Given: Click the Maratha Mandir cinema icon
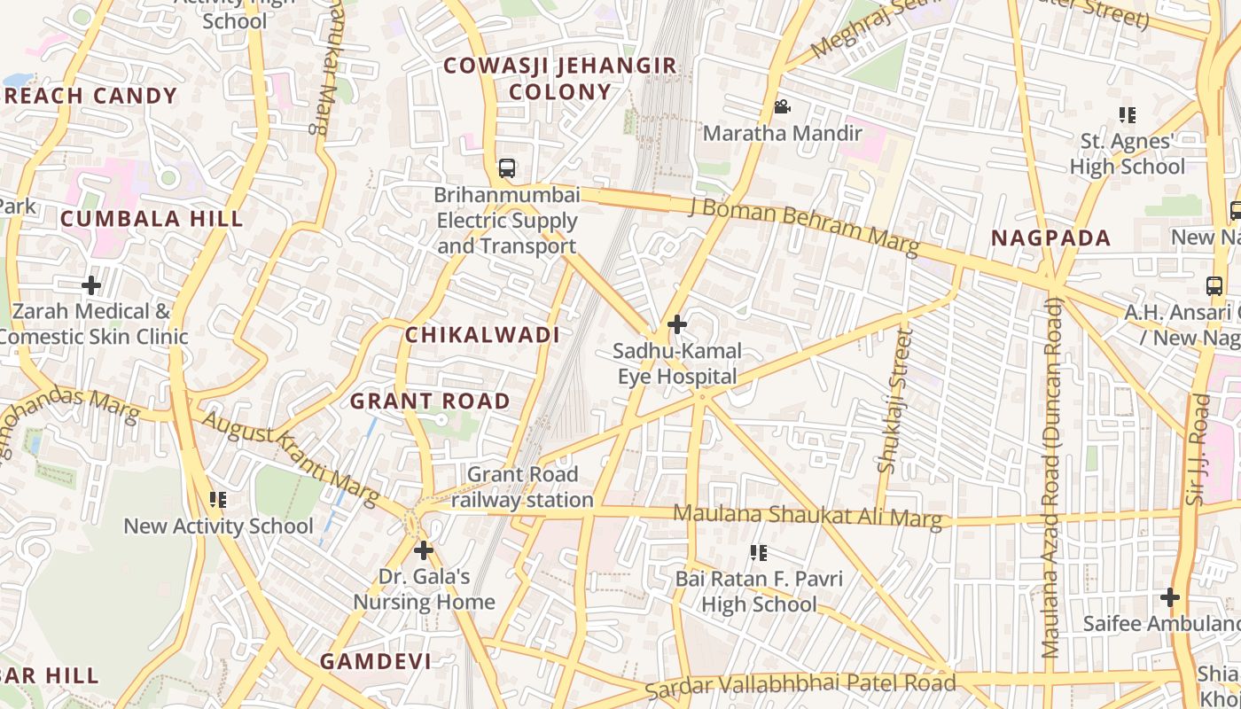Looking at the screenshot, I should click(x=782, y=107).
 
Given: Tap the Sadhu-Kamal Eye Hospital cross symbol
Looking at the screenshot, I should click(x=677, y=324).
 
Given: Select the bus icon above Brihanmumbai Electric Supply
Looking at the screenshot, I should click(x=507, y=168).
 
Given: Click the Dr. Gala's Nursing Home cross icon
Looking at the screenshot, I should click(x=424, y=550).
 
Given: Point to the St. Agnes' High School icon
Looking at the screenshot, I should click(x=1128, y=114).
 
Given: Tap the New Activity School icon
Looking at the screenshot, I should click(x=218, y=500).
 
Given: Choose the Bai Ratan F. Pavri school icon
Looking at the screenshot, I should click(x=759, y=553).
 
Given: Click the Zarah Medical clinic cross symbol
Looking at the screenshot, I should click(x=90, y=285).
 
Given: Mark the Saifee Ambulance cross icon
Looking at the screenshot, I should click(x=1170, y=597).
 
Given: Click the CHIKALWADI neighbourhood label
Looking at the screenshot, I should click(x=482, y=335).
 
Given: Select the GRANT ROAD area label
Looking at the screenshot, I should click(x=430, y=401).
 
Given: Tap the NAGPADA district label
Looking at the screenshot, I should click(x=1050, y=238).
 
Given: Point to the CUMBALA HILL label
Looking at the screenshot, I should click(x=152, y=219).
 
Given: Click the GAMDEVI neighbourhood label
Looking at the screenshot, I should click(x=376, y=661).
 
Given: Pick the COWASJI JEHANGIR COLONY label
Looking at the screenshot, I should click(x=559, y=79).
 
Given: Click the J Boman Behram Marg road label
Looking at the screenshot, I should click(x=803, y=226).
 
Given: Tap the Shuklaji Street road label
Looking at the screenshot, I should click(x=894, y=401).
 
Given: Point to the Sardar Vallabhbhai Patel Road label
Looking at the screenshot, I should click(x=800, y=683).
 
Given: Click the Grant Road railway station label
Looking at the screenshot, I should click(x=522, y=487).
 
